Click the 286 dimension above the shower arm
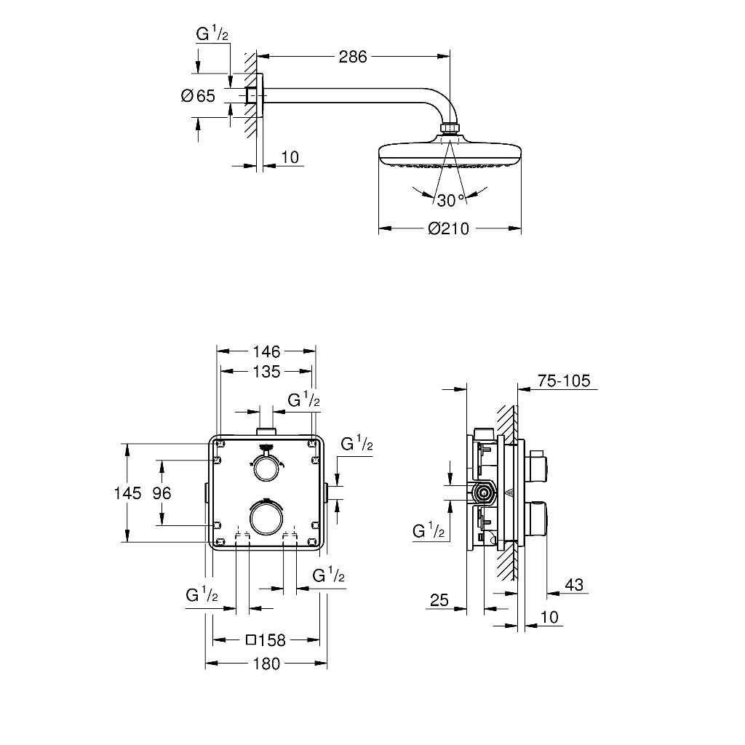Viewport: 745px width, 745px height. point(353,57)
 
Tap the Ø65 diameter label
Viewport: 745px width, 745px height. point(198,96)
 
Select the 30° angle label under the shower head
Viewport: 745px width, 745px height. point(450,201)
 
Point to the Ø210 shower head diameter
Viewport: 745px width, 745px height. point(448,228)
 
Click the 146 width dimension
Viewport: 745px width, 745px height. point(266,351)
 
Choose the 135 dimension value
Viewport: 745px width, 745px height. point(266,372)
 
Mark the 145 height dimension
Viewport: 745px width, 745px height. point(127,493)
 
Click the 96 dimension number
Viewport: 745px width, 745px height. point(162,493)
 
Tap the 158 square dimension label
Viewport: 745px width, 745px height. point(266,640)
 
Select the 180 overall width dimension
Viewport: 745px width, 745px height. point(266,664)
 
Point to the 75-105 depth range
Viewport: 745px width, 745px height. point(564,381)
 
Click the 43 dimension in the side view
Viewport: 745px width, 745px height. point(574,585)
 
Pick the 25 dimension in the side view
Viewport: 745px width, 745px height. point(439,600)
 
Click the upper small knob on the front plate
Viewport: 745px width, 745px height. point(266,468)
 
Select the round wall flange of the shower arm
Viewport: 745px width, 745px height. point(260,95)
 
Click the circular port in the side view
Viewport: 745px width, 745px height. point(484,493)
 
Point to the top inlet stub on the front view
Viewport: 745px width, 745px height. point(266,431)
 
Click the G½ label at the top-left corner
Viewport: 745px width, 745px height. point(212,34)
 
